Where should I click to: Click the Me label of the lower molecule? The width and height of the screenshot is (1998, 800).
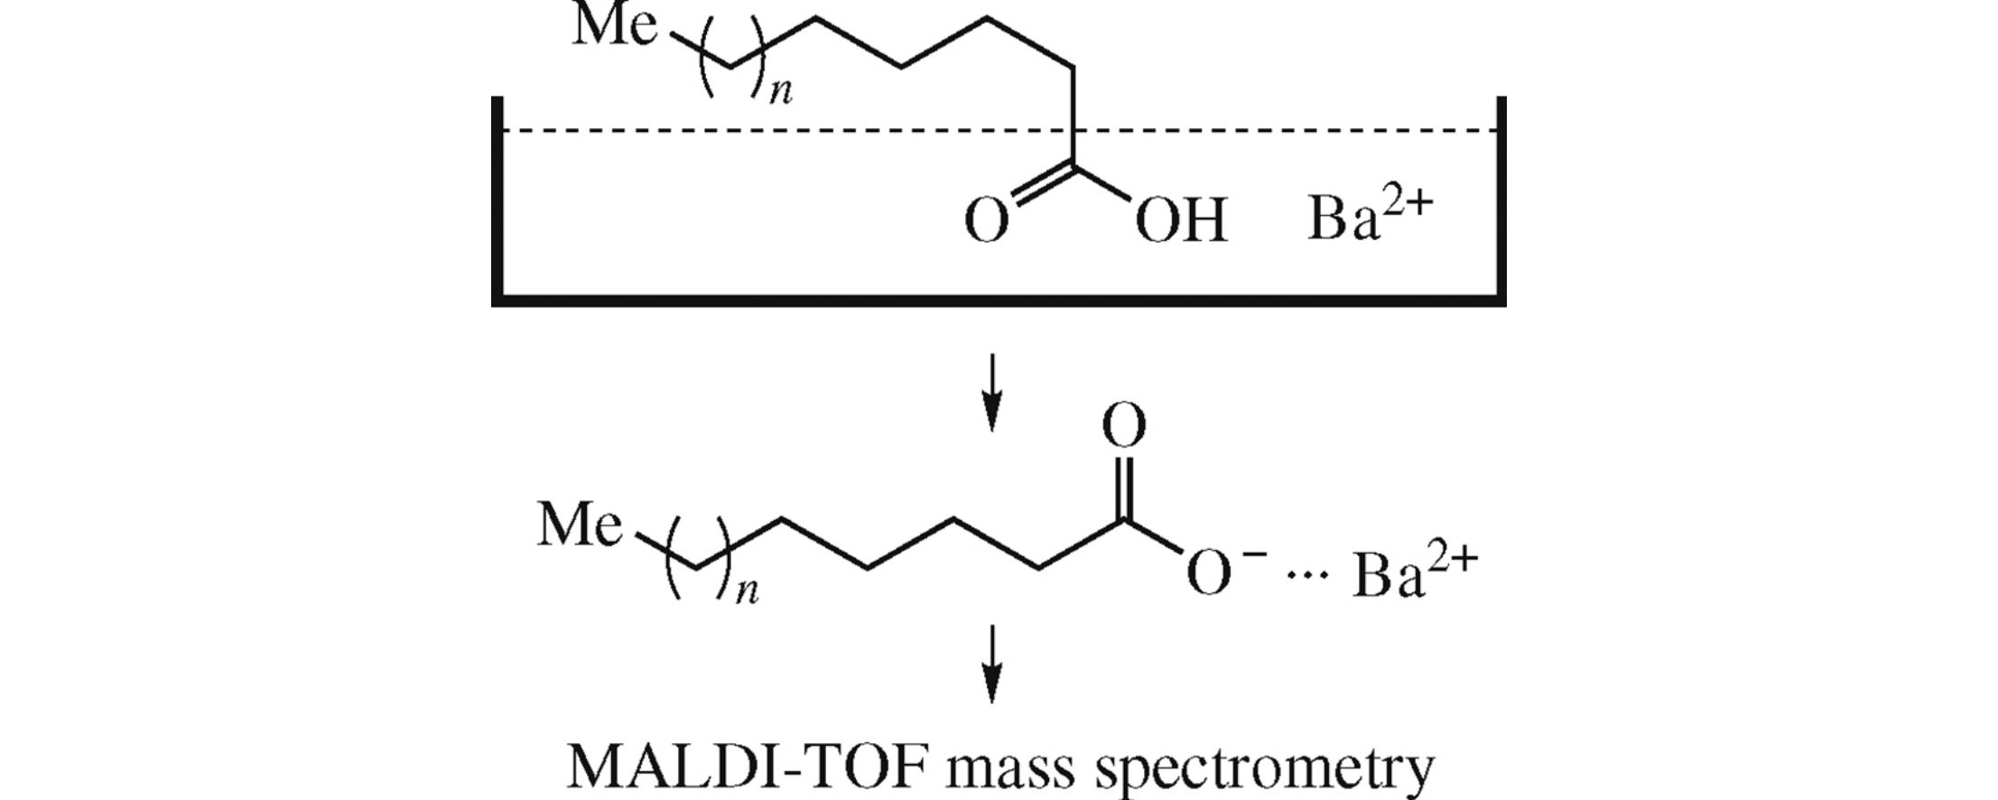pyautogui.click(x=580, y=525)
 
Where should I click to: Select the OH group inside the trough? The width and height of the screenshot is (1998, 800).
pyautogui.click(x=1181, y=221)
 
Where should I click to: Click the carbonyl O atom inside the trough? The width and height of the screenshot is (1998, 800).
pyautogui.click(x=986, y=221)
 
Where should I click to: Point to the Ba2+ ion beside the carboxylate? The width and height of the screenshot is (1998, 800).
pyautogui.click(x=1414, y=574)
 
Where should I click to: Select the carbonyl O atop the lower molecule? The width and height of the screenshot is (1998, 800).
pyautogui.click(x=1124, y=426)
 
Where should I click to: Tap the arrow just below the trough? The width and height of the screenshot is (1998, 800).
pyautogui.click(x=992, y=393)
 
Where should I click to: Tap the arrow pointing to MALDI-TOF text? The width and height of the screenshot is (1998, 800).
pyautogui.click(x=992, y=663)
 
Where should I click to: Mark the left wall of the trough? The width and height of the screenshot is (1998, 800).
pyautogui.click(x=497, y=199)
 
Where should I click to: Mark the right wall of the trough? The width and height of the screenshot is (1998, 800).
pyautogui.click(x=1501, y=199)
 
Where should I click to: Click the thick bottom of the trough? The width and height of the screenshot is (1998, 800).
pyautogui.click(x=999, y=300)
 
